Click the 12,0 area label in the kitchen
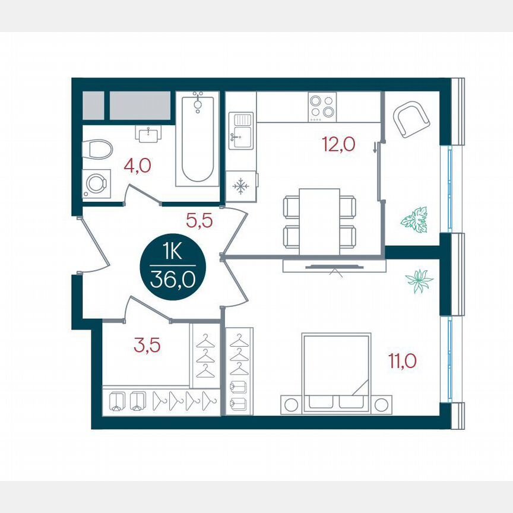tap(338, 144)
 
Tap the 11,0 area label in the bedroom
tap(403, 360)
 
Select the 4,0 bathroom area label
tap(137, 164)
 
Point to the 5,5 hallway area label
tap(199, 221)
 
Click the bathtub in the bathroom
tap(198, 139)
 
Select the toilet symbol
tap(96, 150)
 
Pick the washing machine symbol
tap(94, 184)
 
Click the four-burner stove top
tap(322, 107)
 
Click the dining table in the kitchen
tap(319, 221)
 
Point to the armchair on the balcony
tap(411, 119)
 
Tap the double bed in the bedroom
tap(336, 373)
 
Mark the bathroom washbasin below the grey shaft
tap(148, 134)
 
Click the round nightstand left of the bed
tap(291, 404)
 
